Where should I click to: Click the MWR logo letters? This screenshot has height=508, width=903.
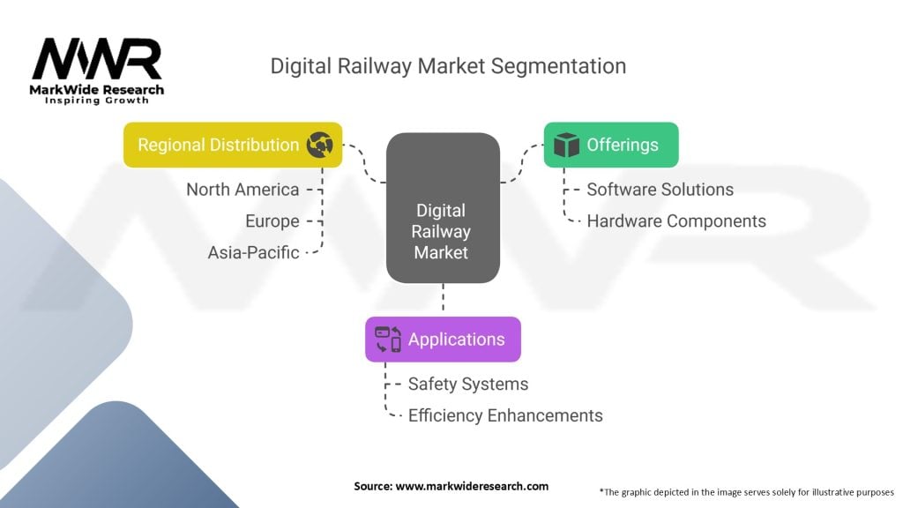(x=97, y=59)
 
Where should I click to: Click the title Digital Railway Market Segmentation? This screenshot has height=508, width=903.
(x=448, y=66)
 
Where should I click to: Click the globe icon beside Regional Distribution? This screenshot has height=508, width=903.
(x=319, y=145)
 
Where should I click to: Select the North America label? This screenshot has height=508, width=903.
(x=243, y=189)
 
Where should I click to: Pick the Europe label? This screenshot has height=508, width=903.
(x=272, y=220)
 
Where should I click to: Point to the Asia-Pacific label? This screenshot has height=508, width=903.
(x=254, y=252)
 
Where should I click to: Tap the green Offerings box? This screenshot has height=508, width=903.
(x=610, y=145)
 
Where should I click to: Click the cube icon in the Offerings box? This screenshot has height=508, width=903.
(x=565, y=145)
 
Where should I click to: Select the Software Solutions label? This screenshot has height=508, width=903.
(x=660, y=189)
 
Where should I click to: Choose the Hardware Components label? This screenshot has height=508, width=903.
(x=676, y=220)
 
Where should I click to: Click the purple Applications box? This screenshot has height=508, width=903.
(x=443, y=340)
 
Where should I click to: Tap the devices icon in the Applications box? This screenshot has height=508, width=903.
(x=388, y=340)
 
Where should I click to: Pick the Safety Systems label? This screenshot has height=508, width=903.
(x=468, y=384)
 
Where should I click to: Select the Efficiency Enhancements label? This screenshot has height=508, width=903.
(x=505, y=415)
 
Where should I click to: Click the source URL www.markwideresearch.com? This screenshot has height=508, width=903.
(x=471, y=486)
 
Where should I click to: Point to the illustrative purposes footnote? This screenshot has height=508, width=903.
(x=746, y=491)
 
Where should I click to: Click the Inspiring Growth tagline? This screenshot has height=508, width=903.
(x=97, y=101)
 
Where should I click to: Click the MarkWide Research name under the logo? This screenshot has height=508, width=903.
(x=97, y=89)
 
